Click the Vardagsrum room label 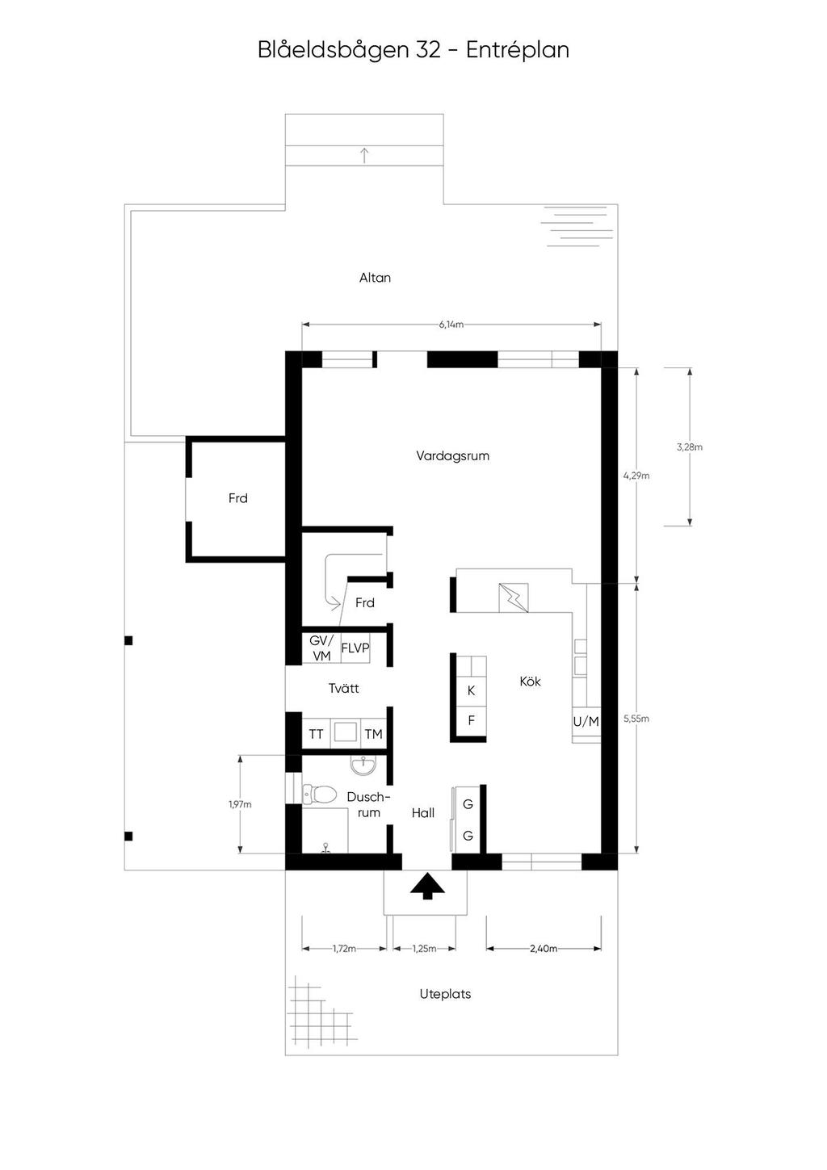(x=452, y=456)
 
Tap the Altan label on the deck (x=375, y=278)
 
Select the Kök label (x=530, y=681)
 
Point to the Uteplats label (x=445, y=994)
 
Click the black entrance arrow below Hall (x=427, y=886)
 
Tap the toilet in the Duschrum (x=319, y=795)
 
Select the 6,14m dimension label (x=451, y=325)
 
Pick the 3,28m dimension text (x=690, y=447)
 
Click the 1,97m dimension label (x=240, y=804)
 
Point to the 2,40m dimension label (x=544, y=949)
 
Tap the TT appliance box (x=316, y=735)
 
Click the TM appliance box (x=374, y=735)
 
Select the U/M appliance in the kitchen (x=586, y=722)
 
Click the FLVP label (x=355, y=648)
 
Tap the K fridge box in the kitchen (x=471, y=690)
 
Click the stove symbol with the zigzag (x=514, y=598)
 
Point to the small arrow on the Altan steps (x=365, y=155)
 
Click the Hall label (x=422, y=813)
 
